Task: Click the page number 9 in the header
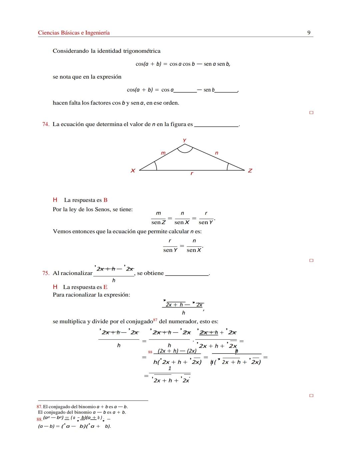[x=309, y=33]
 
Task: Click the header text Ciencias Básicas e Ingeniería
[x=74, y=33]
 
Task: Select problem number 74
[x=46, y=124]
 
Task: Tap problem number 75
[x=46, y=273]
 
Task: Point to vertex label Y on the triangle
[x=184, y=140]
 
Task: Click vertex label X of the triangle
[x=133, y=171]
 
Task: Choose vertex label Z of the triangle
[x=250, y=171]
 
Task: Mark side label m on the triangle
[x=163, y=153]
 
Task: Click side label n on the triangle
[x=217, y=153]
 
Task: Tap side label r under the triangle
[x=192, y=173]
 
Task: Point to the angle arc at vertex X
[x=156, y=165]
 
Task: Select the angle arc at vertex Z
[x=228, y=166]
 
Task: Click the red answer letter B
[x=105, y=200]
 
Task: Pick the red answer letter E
[x=105, y=287]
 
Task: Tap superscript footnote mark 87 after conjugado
[x=155, y=320]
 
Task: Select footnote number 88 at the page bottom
[x=39, y=419]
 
